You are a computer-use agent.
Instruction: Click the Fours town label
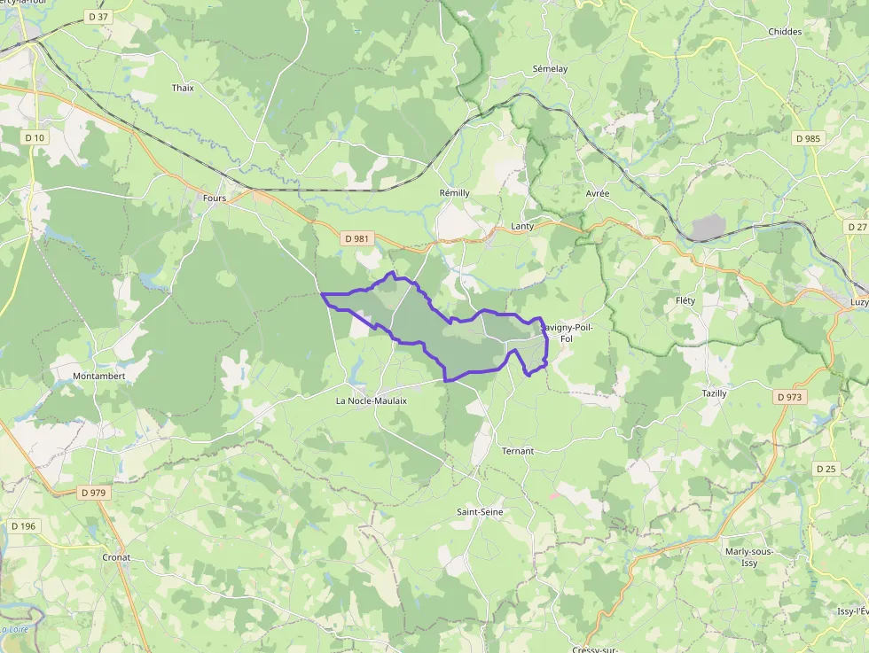[x=214, y=198]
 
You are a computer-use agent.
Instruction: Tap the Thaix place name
[x=183, y=88]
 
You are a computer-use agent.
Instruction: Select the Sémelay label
[x=550, y=69]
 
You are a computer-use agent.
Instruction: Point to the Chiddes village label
[x=785, y=32]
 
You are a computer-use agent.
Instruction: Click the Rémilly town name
[x=454, y=193]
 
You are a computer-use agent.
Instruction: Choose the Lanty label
[x=523, y=227]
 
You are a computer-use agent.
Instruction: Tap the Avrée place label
[x=598, y=194]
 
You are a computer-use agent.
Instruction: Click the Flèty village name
[x=685, y=301]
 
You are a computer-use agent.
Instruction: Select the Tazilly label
[x=714, y=393]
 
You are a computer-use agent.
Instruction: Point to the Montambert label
[x=99, y=377]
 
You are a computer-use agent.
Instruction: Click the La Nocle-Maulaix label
[x=371, y=400]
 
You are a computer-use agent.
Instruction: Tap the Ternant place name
[x=518, y=451]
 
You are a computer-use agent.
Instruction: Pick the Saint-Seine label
[x=480, y=512]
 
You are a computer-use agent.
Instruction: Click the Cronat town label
[x=116, y=557]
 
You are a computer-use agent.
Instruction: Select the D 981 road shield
[x=358, y=238]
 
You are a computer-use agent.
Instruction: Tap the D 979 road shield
[x=92, y=493]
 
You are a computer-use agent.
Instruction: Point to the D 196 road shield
[x=24, y=526]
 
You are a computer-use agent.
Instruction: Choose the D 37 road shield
[x=98, y=17]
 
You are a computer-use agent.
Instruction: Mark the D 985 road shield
[x=809, y=138]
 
